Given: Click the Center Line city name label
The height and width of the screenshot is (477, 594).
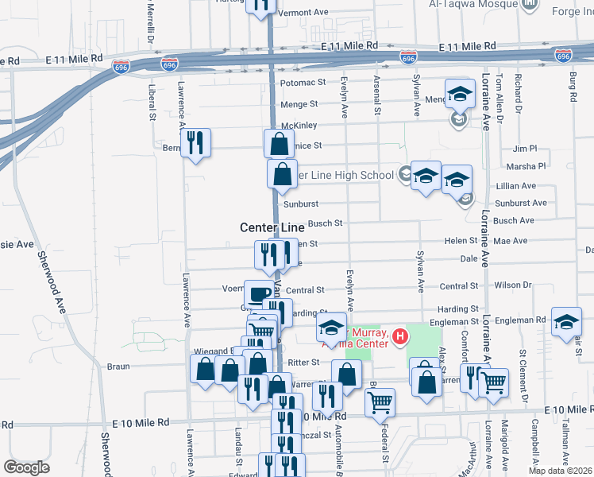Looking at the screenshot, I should [x=272, y=227].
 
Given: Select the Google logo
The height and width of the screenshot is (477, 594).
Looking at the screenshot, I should [x=26, y=467].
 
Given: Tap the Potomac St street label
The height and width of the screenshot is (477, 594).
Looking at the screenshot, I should [x=302, y=82].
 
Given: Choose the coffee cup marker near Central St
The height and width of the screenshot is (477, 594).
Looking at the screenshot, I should [x=257, y=294].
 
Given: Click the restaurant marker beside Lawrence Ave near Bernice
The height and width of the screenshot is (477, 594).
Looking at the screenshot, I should [x=195, y=142].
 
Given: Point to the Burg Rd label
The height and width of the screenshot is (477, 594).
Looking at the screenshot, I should [x=572, y=87].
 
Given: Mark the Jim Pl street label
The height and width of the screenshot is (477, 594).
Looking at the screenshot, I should [x=525, y=149].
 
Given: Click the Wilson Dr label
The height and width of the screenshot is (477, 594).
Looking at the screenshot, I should [x=513, y=285].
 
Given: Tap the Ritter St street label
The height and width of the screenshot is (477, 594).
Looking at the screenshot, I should [x=303, y=362].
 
